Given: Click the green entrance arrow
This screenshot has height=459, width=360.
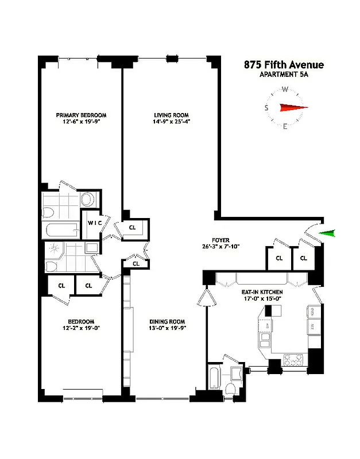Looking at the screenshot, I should pos(327,233).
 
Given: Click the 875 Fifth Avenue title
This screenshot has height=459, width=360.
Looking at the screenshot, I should pos(283,65).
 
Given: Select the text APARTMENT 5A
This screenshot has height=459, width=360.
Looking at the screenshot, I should pos(284,75).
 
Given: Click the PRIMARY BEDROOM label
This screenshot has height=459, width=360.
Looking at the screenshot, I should pos(80,115).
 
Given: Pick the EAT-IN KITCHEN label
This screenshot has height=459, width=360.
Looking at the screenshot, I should pos(261,293).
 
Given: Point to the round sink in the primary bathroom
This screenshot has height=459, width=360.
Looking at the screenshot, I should pos(87,200).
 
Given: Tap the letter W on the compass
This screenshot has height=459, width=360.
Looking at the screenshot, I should pos(285,90).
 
